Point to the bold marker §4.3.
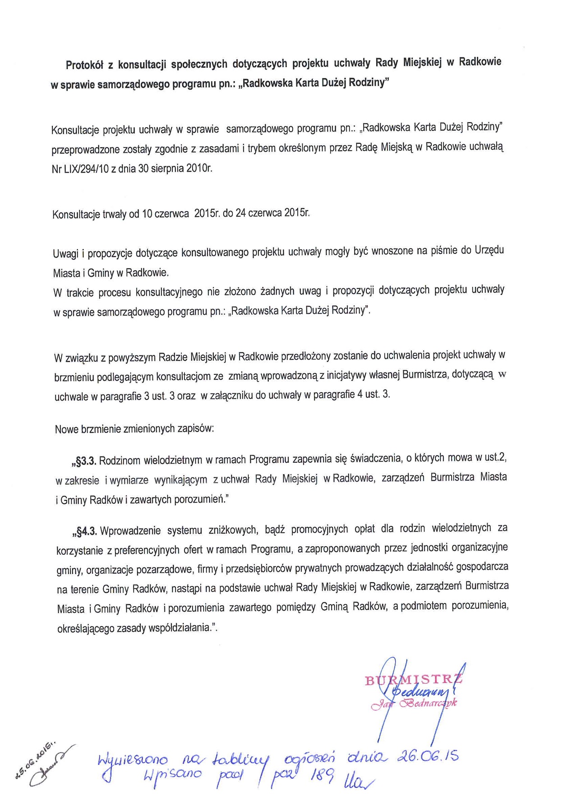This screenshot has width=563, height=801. [x=84, y=531]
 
